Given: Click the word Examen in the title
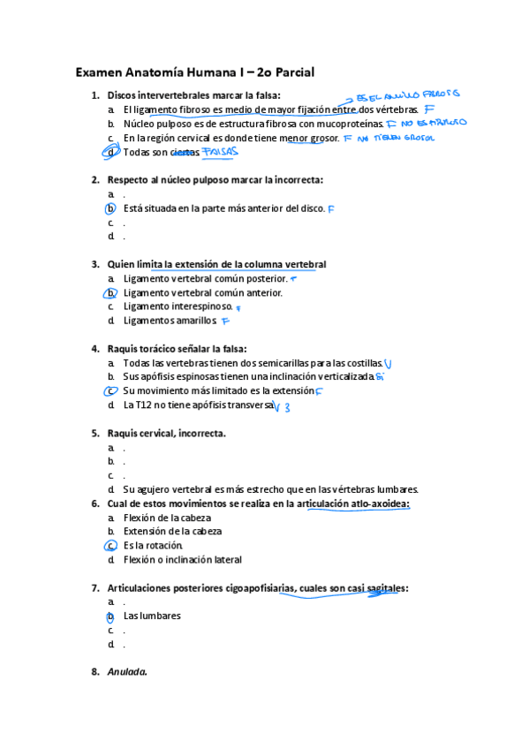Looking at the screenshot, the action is pos(99,72).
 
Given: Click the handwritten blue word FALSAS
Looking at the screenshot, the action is pos(220,153).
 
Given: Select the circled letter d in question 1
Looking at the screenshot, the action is pos(110,152).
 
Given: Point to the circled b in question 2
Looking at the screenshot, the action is pos(110,208).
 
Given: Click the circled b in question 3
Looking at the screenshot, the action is pos(110,293).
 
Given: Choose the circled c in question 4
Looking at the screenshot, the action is pos(110,391).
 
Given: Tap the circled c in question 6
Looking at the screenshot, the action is pos(110,546).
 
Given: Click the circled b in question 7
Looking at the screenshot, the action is pos(110,616).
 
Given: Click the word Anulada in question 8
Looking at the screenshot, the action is pos(126,672).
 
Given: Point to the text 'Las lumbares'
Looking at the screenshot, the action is pos(152,616).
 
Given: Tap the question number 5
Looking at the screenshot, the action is pos(94,434).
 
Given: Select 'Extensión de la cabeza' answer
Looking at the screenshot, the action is pos(172,532).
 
